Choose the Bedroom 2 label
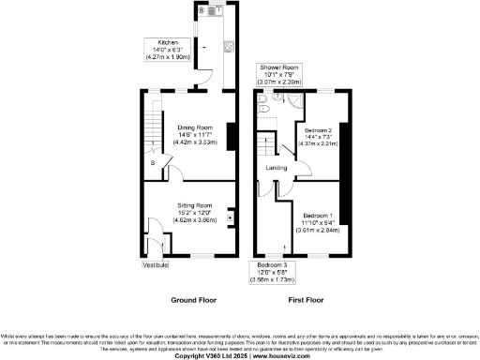(x=317, y=130)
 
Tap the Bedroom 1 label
(x=317, y=215)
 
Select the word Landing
(x=277, y=168)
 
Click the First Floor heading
(x=305, y=300)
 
